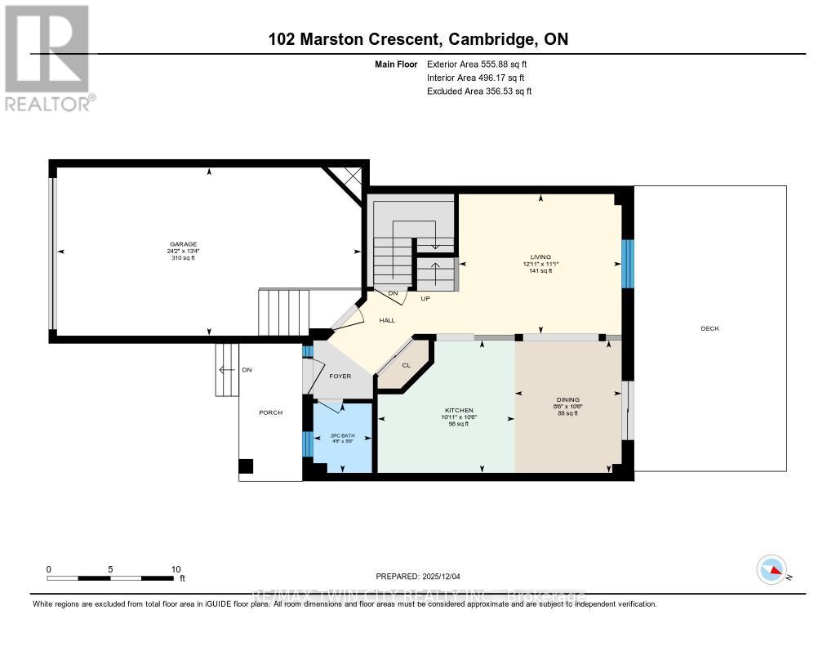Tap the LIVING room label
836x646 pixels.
tap(540, 256)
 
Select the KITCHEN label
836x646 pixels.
tap(459, 410)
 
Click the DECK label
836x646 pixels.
tap(709, 328)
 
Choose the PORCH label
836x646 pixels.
tap(270, 412)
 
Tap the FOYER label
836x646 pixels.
tap(339, 376)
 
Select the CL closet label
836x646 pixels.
tap(406, 364)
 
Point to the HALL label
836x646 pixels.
tap(387, 320)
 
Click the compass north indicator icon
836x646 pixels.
tap(772, 569)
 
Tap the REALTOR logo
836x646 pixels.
tap(48, 57)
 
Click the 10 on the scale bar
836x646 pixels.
tap(176, 569)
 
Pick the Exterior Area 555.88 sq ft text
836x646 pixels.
tap(482, 64)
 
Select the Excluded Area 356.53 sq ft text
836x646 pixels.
tap(479, 91)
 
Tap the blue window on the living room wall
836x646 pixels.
tap(627, 264)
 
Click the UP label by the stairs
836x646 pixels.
tap(425, 299)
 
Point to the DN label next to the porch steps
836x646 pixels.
tap(247, 370)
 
